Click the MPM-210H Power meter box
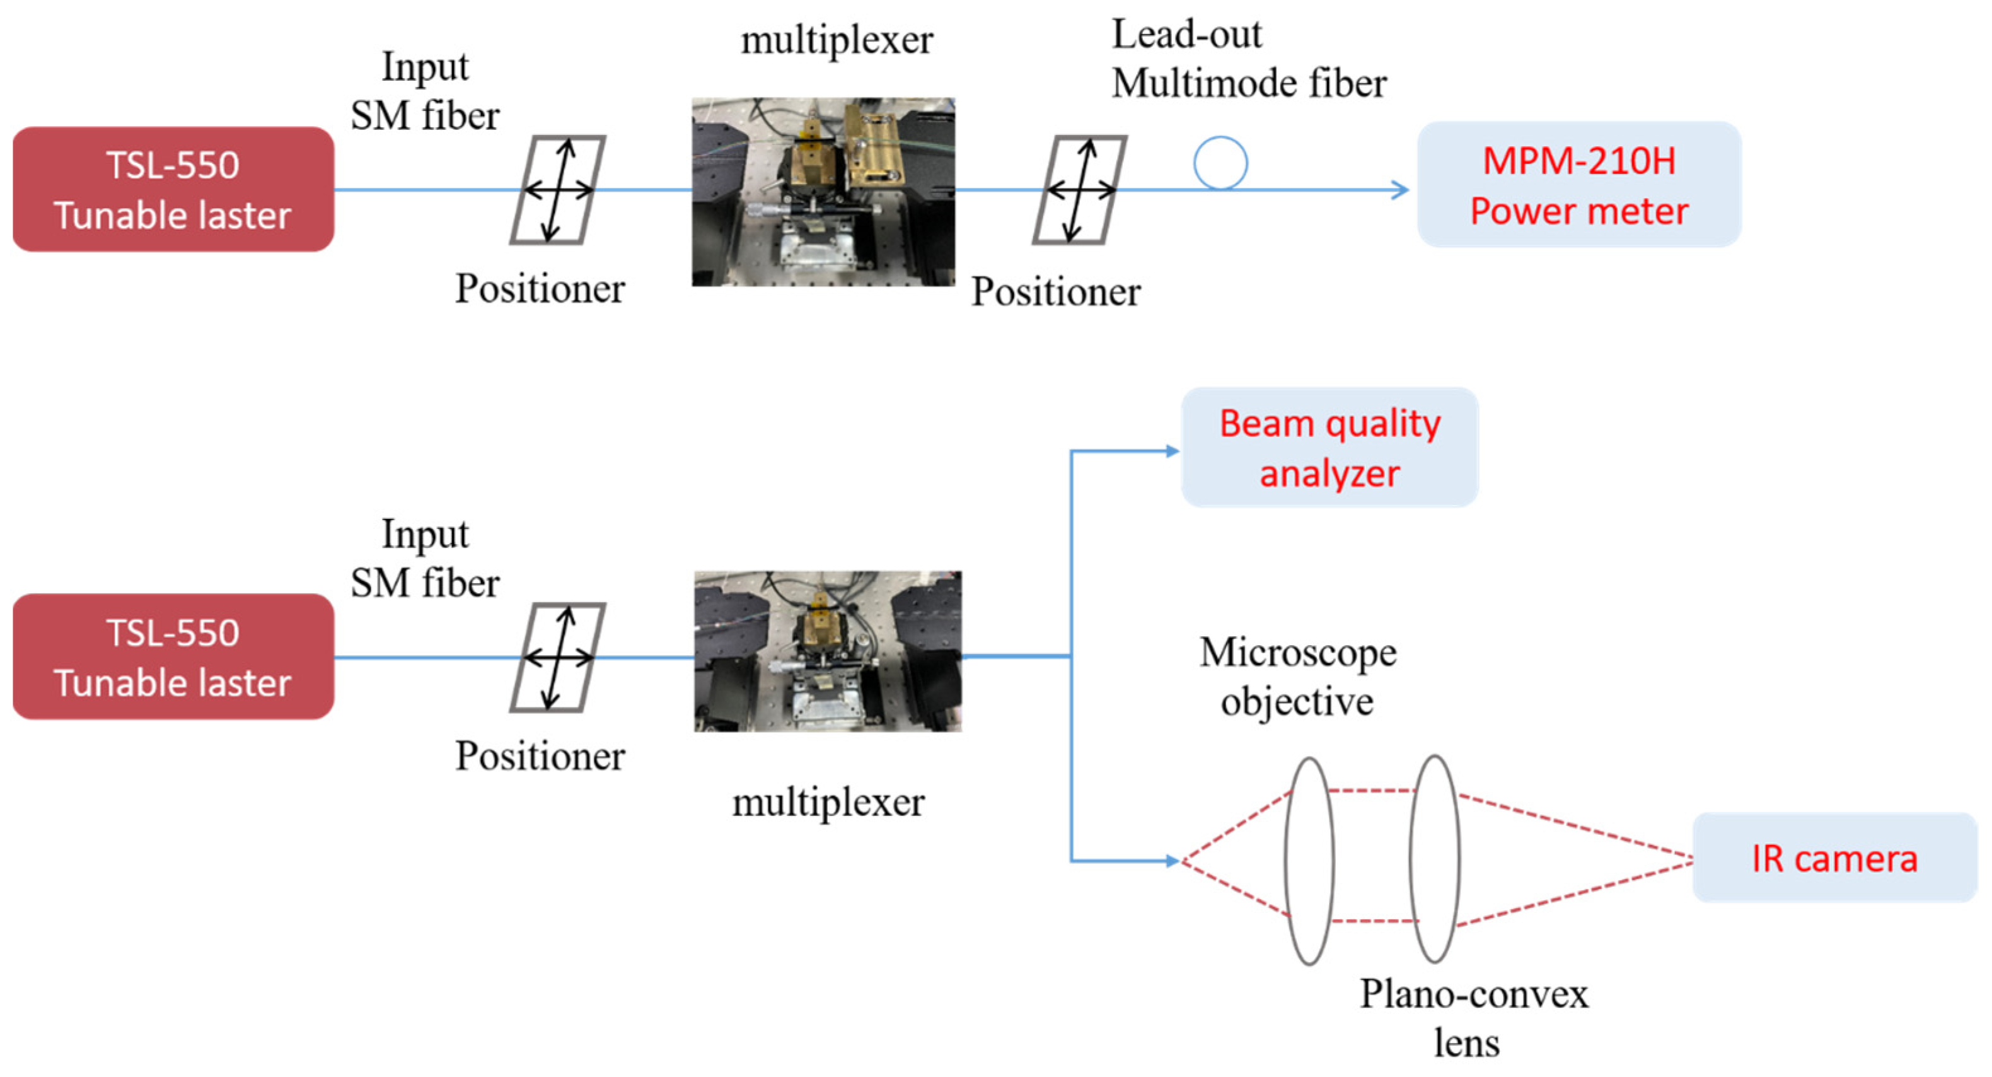[1578, 185]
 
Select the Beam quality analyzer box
[1329, 448]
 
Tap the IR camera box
[1834, 858]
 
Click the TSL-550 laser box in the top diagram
[173, 190]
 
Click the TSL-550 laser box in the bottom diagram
[173, 657]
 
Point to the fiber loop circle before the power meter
[1220, 163]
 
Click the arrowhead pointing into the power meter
[1399, 190]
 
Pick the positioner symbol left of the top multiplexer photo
[557, 190]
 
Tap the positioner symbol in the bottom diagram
[557, 658]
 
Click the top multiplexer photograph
[823, 192]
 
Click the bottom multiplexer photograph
[828, 651]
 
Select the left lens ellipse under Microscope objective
[1309, 860]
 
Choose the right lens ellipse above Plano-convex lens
[1435, 859]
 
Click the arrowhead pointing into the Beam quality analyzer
[1173, 451]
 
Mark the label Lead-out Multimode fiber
[1248, 59]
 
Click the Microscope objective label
[1297, 676]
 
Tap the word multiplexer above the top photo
[837, 40]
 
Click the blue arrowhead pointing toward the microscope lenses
[1173, 860]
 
